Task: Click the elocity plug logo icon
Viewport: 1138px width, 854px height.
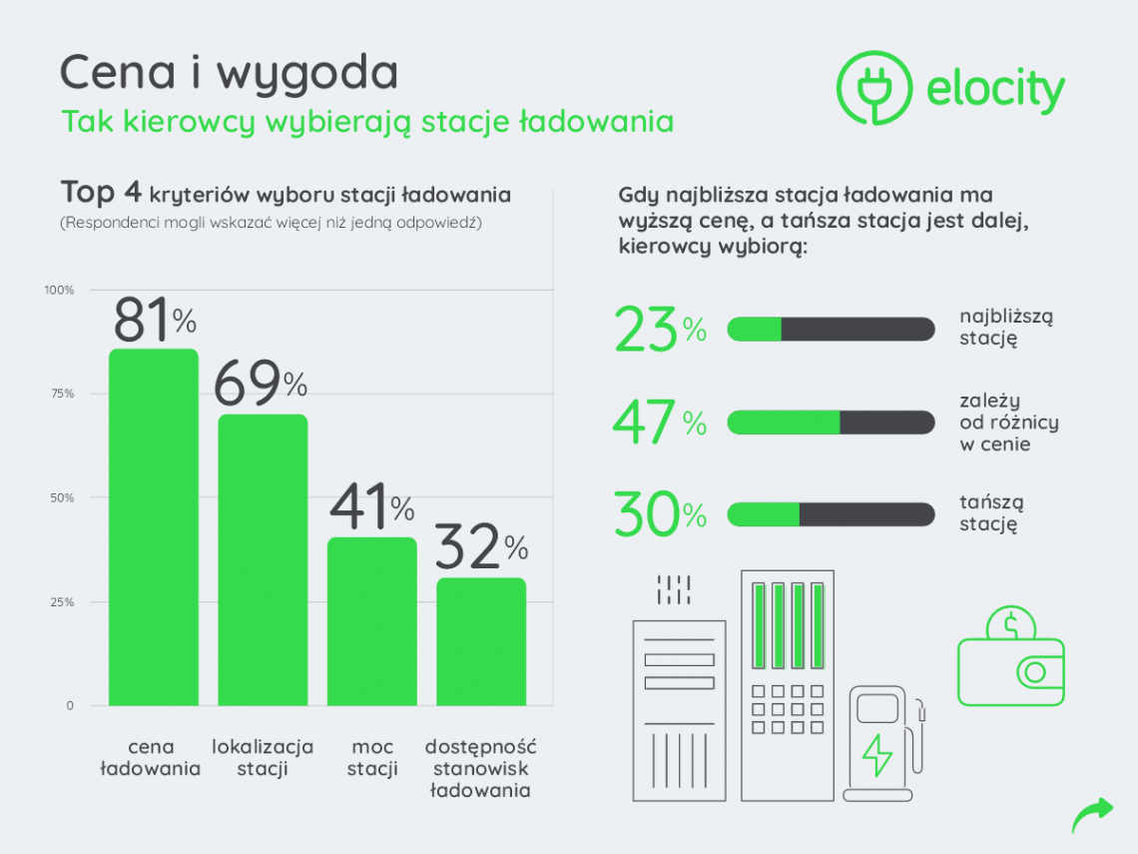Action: point(874,88)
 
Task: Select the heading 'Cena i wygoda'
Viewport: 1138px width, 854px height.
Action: point(229,74)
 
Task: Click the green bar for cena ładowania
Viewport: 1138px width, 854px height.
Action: point(153,527)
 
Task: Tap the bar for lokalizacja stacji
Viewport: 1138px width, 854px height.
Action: point(263,559)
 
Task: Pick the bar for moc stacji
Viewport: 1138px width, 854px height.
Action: point(371,621)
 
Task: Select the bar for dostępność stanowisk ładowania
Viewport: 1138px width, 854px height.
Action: point(481,641)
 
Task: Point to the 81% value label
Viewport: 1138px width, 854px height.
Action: point(154,320)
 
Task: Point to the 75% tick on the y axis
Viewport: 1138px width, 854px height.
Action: point(62,394)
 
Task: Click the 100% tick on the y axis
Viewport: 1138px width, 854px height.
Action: point(59,290)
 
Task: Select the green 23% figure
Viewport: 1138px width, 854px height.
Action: point(660,330)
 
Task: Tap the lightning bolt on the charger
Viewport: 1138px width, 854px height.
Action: point(876,755)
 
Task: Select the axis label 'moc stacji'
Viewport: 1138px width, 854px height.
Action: point(372,758)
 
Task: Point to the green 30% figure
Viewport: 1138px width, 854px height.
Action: point(660,515)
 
